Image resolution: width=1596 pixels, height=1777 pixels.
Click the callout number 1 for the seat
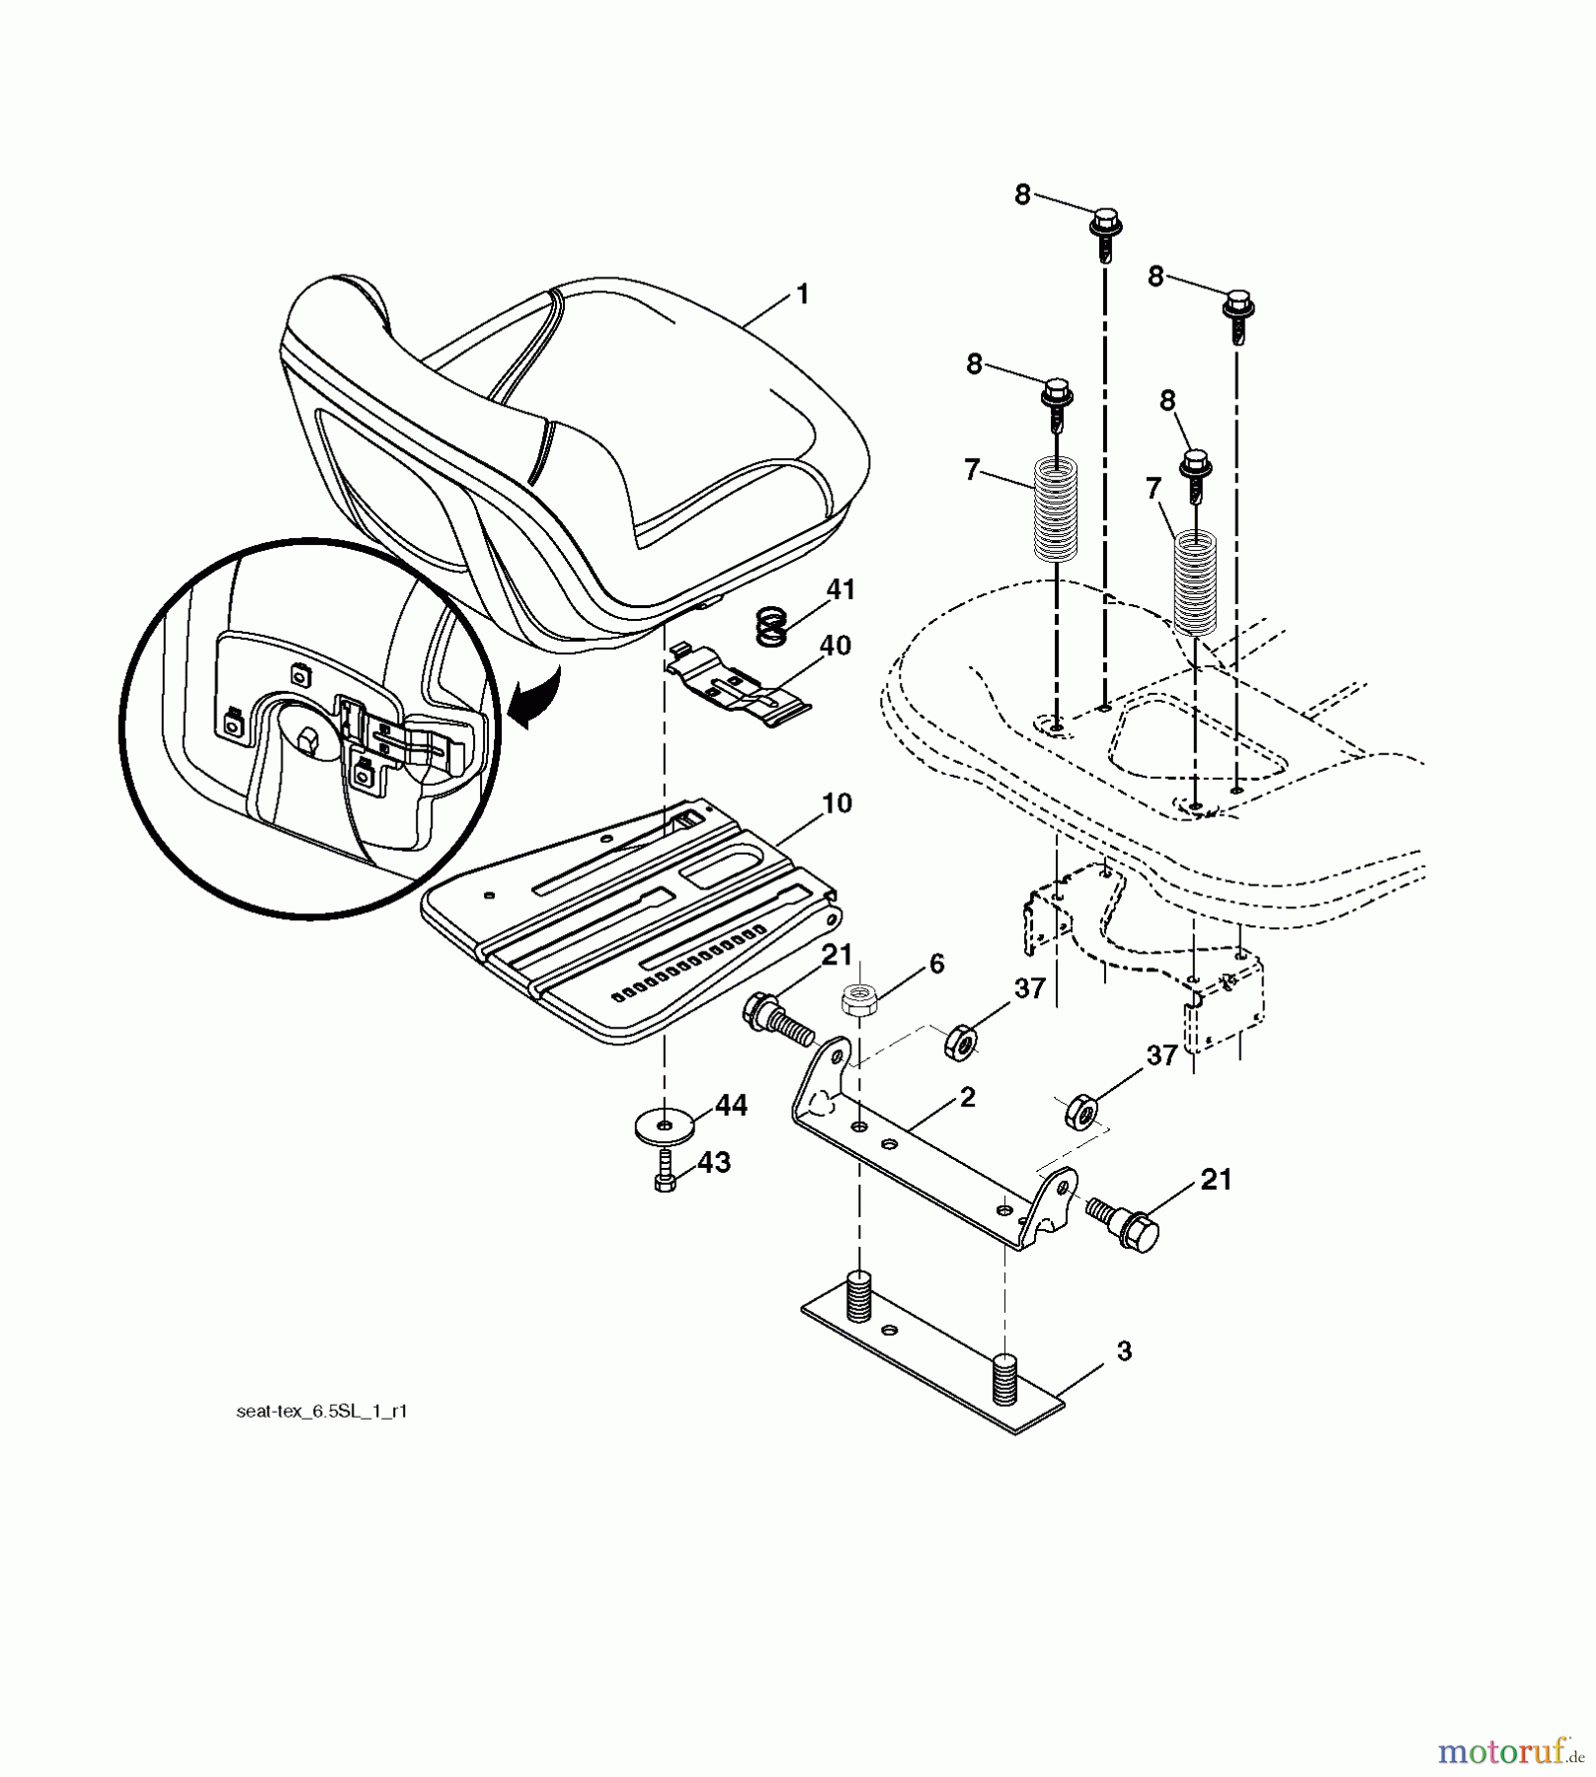(x=803, y=295)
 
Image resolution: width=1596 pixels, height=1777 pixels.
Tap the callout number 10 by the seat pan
(x=837, y=804)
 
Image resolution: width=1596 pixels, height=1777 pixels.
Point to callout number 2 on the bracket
(x=967, y=1097)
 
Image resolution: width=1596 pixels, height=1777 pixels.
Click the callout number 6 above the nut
(x=936, y=964)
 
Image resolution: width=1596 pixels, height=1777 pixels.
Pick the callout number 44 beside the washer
(x=731, y=1107)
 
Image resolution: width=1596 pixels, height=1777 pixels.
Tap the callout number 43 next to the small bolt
(x=714, y=1163)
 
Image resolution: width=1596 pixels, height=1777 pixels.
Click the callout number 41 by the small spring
(x=840, y=590)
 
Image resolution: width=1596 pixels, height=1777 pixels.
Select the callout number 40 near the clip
(x=835, y=646)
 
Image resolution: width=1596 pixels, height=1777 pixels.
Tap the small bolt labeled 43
(x=665, y=1171)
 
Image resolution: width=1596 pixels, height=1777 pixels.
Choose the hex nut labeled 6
(x=857, y=1000)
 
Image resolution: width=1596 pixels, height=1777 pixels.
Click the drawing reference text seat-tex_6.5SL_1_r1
(x=322, y=1413)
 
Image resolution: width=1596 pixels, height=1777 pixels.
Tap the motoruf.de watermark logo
(x=1511, y=1751)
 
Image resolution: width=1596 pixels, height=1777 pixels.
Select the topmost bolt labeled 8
(x=1105, y=233)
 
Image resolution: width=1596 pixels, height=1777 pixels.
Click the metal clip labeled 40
(x=738, y=682)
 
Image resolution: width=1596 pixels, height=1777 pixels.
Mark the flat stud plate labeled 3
(x=933, y=1351)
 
